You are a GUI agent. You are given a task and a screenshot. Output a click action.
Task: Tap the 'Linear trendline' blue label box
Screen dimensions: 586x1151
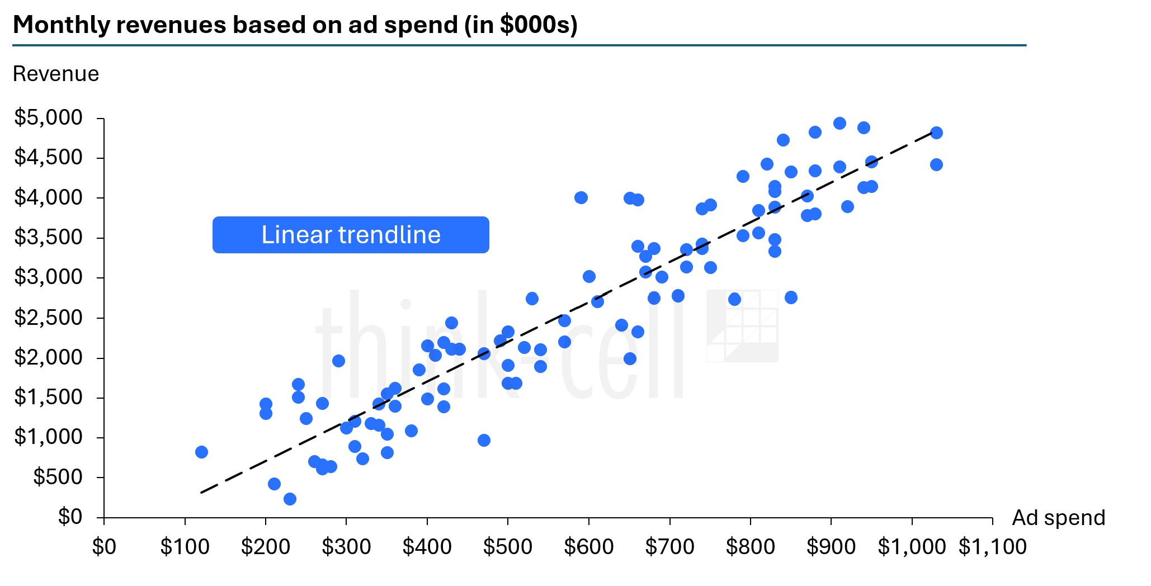[351, 235]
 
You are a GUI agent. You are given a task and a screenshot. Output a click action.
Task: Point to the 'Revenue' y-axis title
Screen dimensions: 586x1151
[56, 74]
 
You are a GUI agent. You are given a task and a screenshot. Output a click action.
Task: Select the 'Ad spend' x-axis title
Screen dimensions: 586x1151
[1058, 518]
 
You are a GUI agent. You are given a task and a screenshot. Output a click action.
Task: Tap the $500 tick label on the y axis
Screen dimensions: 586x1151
[58, 477]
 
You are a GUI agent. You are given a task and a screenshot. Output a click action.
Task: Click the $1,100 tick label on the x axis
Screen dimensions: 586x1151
[992, 547]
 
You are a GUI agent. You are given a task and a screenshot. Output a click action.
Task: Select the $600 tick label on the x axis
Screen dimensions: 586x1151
[588, 547]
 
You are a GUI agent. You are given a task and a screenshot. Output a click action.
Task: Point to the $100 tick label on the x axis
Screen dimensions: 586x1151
[185, 547]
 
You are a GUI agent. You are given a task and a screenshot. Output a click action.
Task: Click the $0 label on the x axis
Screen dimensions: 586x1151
[104, 547]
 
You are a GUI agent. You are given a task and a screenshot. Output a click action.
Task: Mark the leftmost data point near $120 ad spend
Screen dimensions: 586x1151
[201, 452]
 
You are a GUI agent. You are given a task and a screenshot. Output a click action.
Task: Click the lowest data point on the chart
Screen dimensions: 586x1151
[290, 499]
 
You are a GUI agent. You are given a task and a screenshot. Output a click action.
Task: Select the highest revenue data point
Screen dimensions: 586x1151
[839, 123]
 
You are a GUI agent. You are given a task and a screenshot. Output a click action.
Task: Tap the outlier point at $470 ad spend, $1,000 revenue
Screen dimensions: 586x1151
[484, 440]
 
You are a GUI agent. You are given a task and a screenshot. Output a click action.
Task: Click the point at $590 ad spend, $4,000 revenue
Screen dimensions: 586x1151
[581, 197]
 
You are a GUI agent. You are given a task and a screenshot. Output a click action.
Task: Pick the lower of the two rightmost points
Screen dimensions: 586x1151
[936, 164]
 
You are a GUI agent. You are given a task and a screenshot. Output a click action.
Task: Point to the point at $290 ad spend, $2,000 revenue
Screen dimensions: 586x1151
[338, 361]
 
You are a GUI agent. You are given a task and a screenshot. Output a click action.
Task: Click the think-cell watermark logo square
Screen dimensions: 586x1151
[742, 325]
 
